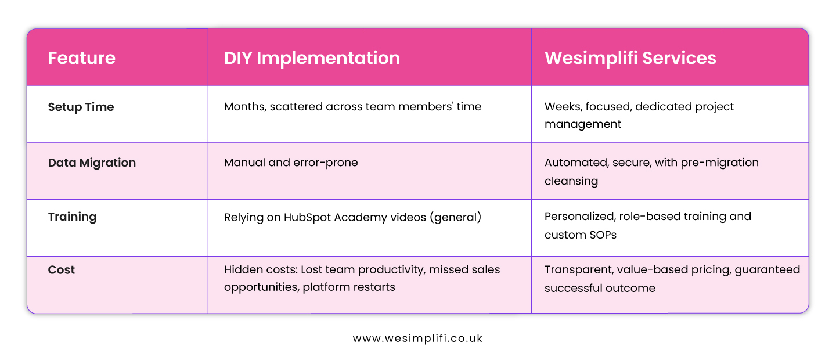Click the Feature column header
pos(81,58)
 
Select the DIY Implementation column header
pos(312,58)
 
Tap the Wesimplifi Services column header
pos(630,58)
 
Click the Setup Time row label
pos(81,107)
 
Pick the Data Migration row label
pos(92,163)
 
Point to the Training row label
pos(72,217)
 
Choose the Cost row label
pos(62,270)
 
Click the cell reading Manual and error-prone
pos(291,163)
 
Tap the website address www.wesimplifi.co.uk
pos(417,339)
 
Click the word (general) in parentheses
pos(461,217)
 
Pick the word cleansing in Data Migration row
pos(571,181)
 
